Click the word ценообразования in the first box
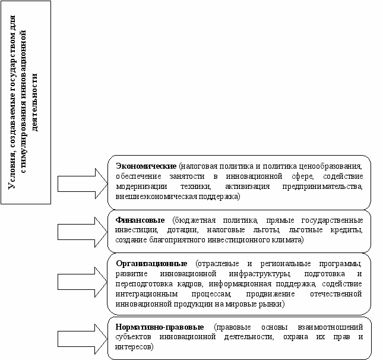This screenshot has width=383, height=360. point(334,165)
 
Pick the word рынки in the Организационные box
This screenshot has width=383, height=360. point(273,304)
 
